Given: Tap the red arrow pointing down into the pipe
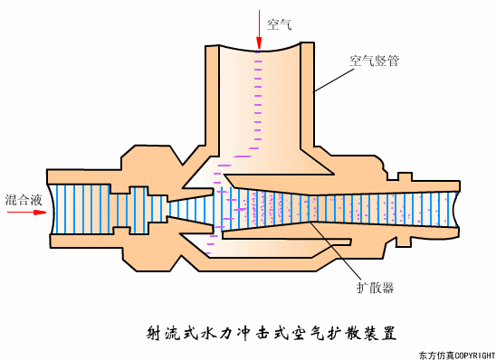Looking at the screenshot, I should click(259, 31).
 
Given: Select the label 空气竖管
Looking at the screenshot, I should click(375, 62).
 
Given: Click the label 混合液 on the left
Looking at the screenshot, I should click(21, 198).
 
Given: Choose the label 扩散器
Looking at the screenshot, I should click(375, 288).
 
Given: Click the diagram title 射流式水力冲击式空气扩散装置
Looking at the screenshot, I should click(272, 332).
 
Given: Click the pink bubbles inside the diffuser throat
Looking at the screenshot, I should click(272, 208).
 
